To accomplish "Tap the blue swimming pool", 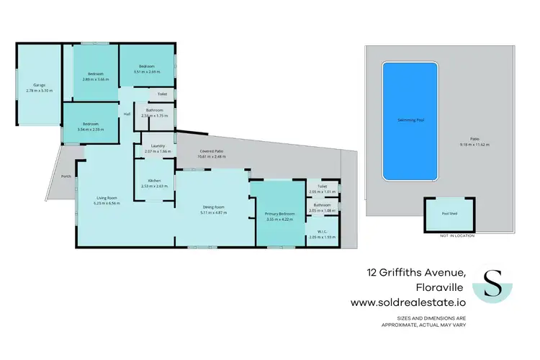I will (x=410, y=120).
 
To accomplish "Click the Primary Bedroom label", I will (x=276, y=214).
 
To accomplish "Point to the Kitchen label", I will (x=154, y=180).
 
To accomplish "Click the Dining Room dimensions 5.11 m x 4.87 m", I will (x=214, y=213).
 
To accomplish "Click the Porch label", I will (x=66, y=176).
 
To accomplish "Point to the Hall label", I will (x=127, y=114).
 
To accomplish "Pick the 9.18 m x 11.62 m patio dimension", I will (x=474, y=145).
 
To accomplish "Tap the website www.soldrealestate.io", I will (x=408, y=303).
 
